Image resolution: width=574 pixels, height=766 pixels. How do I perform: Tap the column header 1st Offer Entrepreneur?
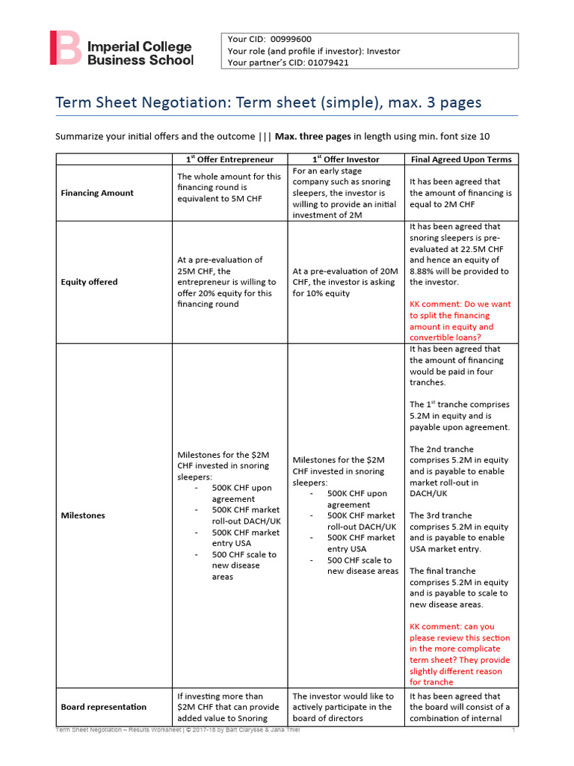[x=229, y=159]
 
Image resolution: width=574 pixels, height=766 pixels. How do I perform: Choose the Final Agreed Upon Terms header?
[x=461, y=159]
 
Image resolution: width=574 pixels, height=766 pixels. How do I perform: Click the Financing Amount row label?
[x=97, y=193]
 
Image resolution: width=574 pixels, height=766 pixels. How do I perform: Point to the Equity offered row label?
[x=89, y=282]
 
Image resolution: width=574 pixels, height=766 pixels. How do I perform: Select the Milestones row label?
[x=83, y=515]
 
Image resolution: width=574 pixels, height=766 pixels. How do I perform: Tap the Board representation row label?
[x=103, y=707]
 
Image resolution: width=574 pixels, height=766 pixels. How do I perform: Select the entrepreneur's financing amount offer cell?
[x=229, y=188]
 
